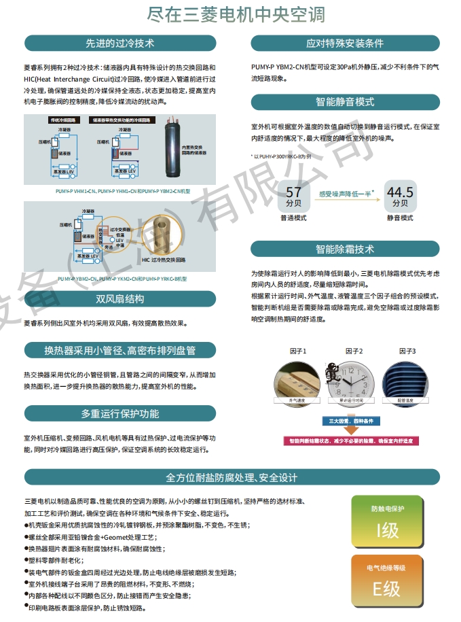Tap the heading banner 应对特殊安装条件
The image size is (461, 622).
tap(345, 44)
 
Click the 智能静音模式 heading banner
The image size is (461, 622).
tap(345, 102)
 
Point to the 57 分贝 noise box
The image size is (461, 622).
tap(293, 196)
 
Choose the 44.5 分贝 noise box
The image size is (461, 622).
tap(399, 196)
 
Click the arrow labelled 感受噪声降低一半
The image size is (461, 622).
tap(346, 194)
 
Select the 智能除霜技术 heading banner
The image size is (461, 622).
tap(345, 249)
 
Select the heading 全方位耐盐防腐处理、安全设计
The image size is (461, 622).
tap(232, 477)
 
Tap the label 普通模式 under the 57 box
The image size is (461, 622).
tap(293, 218)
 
